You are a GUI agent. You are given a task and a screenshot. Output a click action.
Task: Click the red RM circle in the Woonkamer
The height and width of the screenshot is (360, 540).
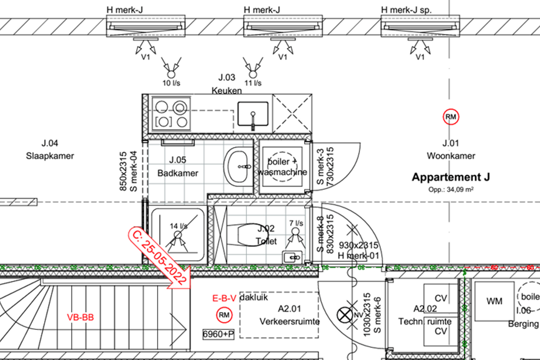450,117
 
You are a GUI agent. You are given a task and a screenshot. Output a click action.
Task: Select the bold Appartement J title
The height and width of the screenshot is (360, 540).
450,177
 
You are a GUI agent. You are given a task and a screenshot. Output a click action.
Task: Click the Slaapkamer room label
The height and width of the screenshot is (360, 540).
50,156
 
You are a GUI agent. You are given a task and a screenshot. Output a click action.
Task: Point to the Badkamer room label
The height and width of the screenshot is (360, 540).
178,173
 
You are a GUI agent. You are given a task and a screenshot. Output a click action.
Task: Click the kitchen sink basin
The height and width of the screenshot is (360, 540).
253,114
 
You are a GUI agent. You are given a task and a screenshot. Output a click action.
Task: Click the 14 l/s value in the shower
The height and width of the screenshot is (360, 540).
179,226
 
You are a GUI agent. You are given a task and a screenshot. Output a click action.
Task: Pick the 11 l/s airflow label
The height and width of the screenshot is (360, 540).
253,83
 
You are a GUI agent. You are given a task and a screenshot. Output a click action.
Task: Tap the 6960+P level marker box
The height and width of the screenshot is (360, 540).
218,334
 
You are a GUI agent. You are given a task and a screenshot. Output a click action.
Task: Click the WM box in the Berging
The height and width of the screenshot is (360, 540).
494,301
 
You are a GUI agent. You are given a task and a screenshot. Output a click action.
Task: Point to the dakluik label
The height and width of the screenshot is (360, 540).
254,297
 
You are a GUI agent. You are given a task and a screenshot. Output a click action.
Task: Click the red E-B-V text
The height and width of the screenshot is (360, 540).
225,298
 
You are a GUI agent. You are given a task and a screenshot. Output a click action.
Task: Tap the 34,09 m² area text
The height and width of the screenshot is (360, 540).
450,189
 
